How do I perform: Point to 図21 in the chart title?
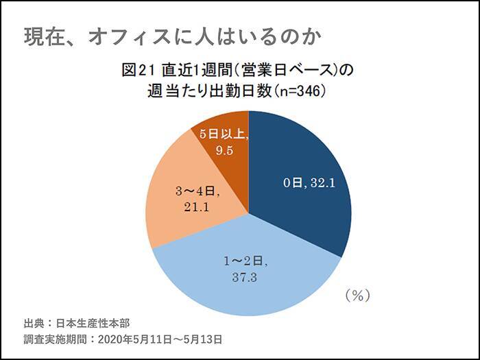[x=136, y=70]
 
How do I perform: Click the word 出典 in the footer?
[x=34, y=323]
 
